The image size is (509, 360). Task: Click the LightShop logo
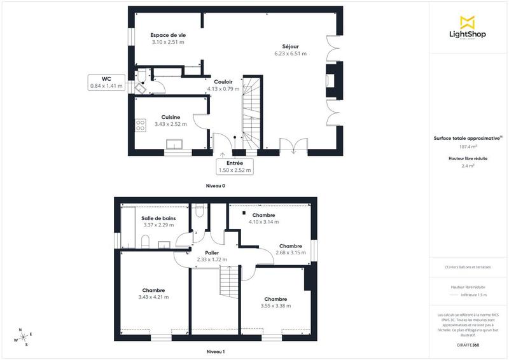click(x=468, y=29)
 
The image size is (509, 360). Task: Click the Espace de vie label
click(x=167, y=35)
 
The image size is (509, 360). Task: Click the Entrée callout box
click(x=235, y=166)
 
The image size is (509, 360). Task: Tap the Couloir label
click(x=223, y=82)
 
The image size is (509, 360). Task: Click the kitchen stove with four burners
click(x=141, y=125)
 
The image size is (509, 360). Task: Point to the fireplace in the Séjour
click(x=331, y=80)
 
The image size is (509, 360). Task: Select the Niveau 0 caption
click(x=215, y=186)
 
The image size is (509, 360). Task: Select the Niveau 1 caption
click(x=215, y=351)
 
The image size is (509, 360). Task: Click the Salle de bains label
click(x=158, y=218)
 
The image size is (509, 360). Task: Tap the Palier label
click(x=212, y=253)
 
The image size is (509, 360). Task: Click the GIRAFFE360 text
click(x=468, y=344)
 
